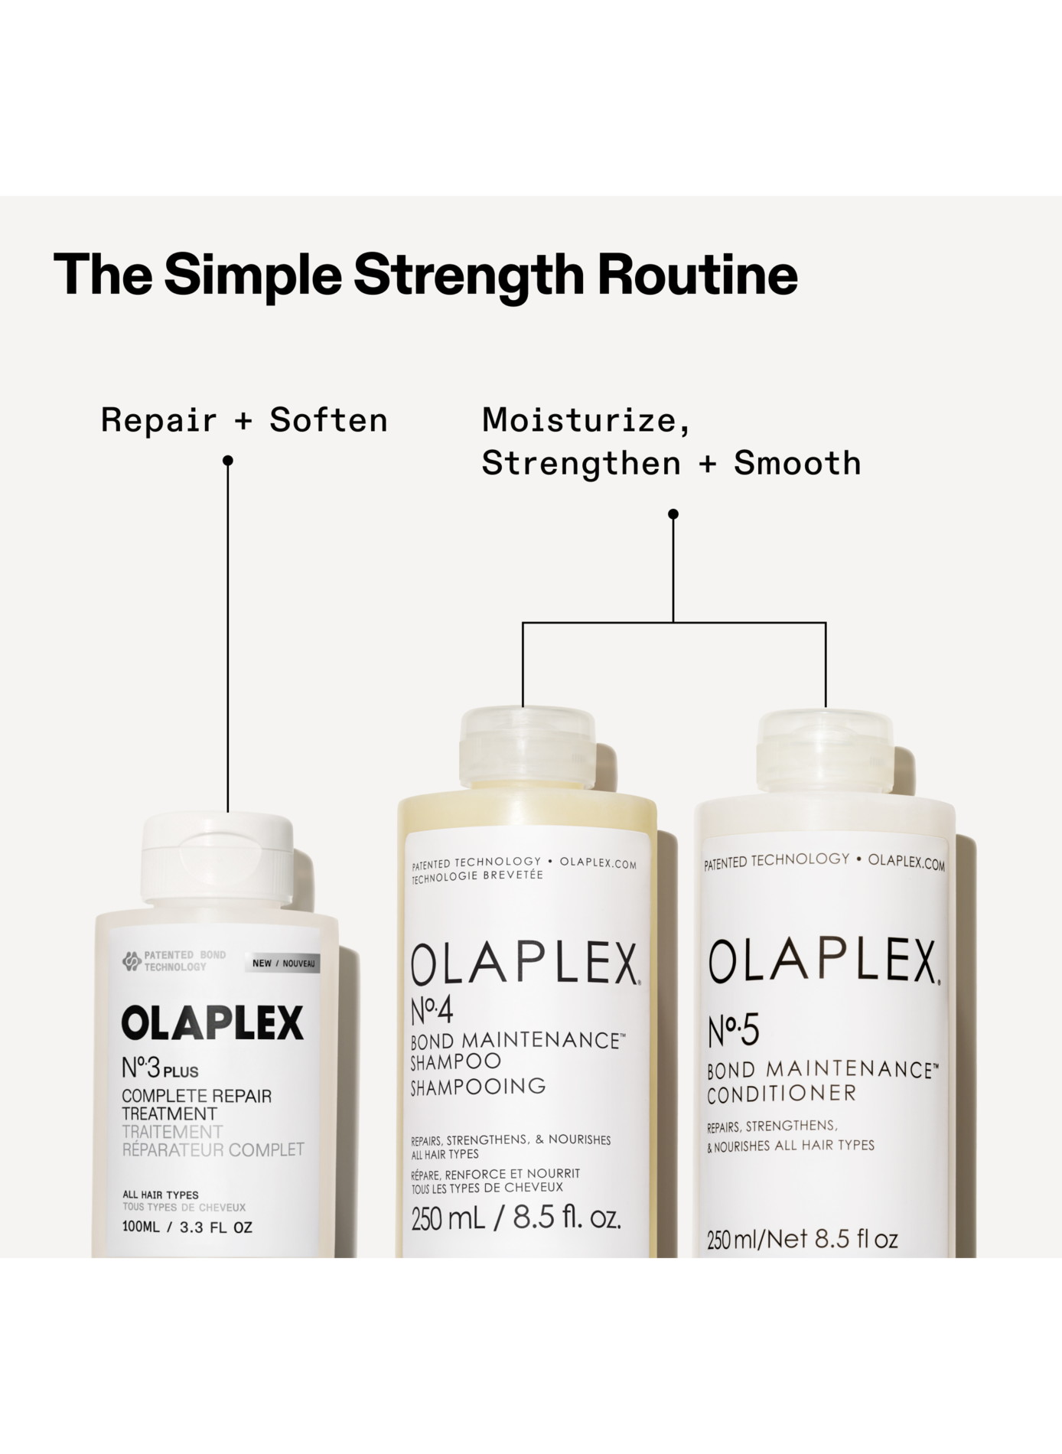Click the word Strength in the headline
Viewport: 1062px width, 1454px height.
(468, 275)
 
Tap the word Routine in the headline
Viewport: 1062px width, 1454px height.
(697, 275)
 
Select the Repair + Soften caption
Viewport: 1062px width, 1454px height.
(244, 420)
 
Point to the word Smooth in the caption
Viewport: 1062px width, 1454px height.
(797, 463)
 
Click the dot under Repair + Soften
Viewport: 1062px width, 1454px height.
(227, 461)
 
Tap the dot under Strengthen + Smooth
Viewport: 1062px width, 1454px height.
(673, 514)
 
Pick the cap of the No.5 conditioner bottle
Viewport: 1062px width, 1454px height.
(825, 751)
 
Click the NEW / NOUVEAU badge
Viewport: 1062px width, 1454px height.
(283, 963)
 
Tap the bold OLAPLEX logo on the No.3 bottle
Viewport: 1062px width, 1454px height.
(213, 1023)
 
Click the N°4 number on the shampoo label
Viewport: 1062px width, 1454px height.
(432, 1011)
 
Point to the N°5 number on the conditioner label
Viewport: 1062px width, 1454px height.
(733, 1030)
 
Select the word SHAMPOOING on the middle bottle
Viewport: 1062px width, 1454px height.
(478, 1087)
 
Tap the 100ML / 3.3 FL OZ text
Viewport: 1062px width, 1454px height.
(187, 1227)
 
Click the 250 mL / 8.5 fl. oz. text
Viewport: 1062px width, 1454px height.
(516, 1218)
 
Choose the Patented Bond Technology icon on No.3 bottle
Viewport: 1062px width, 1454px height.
(132, 961)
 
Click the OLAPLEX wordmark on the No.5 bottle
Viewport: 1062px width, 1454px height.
(824, 961)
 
